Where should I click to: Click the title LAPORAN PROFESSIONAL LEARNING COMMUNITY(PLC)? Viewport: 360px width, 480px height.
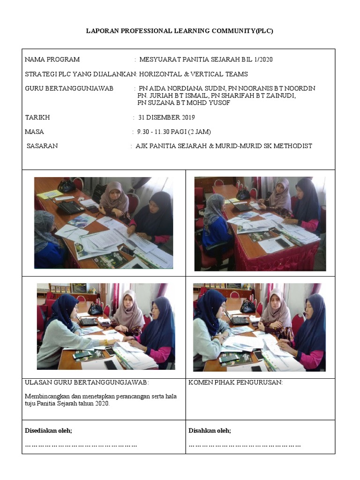point(180,31)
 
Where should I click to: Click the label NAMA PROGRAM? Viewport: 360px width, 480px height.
point(52,60)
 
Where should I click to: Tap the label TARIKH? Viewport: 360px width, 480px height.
point(37,118)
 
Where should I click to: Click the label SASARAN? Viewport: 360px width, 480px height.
point(42,146)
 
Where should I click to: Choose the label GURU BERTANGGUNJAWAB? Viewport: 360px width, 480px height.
point(69,89)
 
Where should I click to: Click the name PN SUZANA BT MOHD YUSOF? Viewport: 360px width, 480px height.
point(183,103)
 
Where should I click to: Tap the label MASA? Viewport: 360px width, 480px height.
point(34,132)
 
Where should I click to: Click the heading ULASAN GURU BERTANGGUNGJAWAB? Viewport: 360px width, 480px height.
point(87,382)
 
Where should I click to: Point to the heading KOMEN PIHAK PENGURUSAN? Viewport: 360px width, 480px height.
point(235,382)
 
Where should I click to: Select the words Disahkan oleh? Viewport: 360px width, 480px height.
point(210,431)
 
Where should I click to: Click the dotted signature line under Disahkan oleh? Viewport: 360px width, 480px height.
point(245,445)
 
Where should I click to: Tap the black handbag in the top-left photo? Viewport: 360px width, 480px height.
point(67,186)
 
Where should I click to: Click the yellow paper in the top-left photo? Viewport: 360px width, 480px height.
point(49,194)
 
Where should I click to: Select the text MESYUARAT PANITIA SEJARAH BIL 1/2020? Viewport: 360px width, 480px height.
point(206,60)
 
